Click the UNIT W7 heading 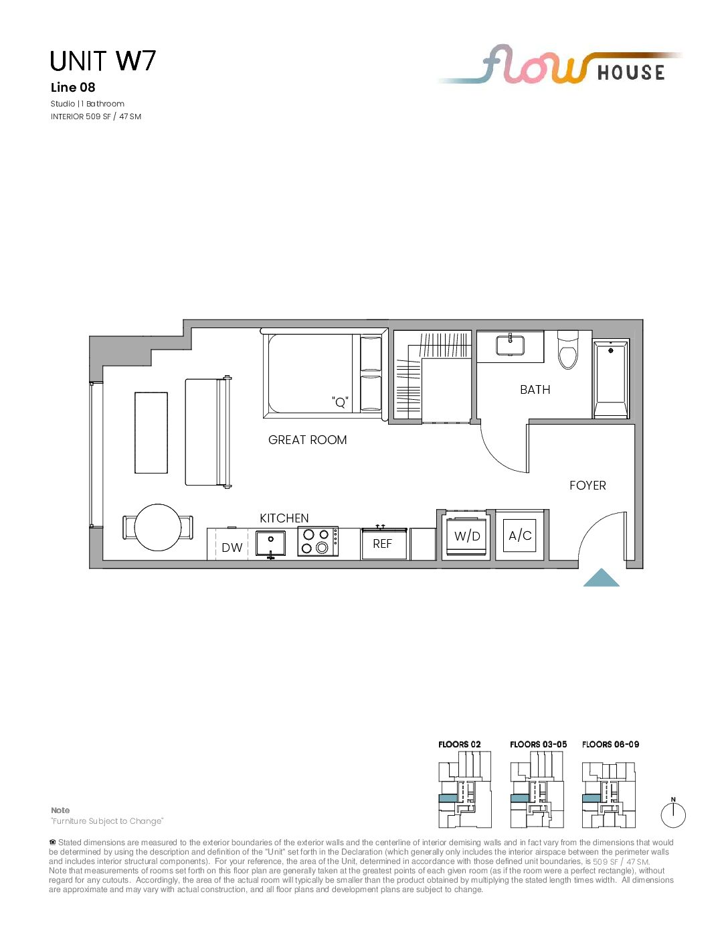pyautogui.click(x=102, y=61)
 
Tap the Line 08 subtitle pyautogui.click(x=73, y=88)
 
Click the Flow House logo pyautogui.click(x=560, y=64)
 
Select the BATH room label pyautogui.click(x=535, y=390)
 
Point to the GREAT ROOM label pyautogui.click(x=307, y=440)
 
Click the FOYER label pyautogui.click(x=587, y=485)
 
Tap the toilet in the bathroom pyautogui.click(x=568, y=350)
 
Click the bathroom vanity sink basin pyautogui.click(x=511, y=345)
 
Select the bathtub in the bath pyautogui.click(x=611, y=379)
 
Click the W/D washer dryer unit pyautogui.click(x=467, y=536)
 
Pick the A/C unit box pyautogui.click(x=520, y=536)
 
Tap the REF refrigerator pyautogui.click(x=383, y=544)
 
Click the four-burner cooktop pyautogui.click(x=318, y=542)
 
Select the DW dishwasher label pyautogui.click(x=232, y=548)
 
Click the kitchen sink pyautogui.click(x=270, y=544)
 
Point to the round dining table pyautogui.click(x=158, y=527)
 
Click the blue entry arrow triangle pyautogui.click(x=601, y=577)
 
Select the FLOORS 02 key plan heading pyautogui.click(x=459, y=745)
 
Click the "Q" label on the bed pyautogui.click(x=340, y=403)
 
